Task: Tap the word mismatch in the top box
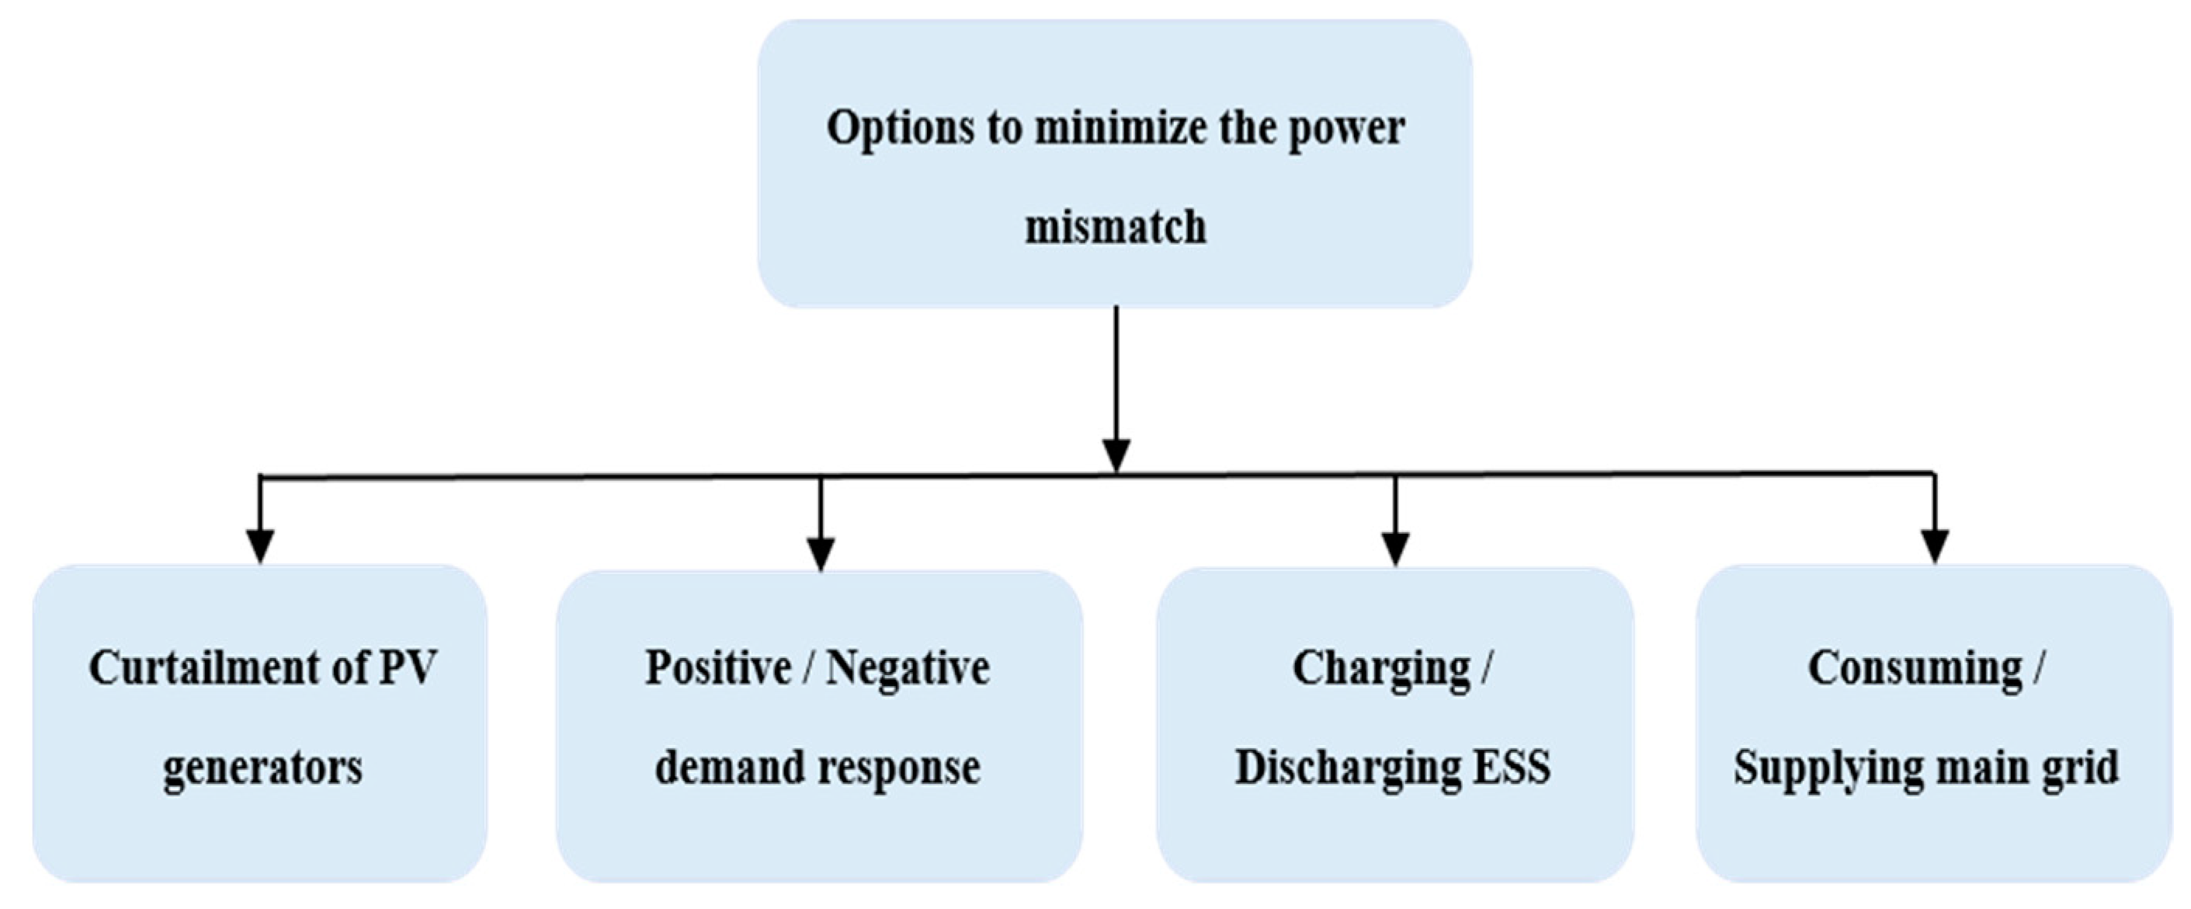pos(1115,227)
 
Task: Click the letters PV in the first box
pos(408,667)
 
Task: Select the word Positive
pos(718,667)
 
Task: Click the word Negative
pos(908,669)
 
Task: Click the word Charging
pos(1381,669)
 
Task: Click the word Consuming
pos(1915,669)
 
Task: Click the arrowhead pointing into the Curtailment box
pos(260,545)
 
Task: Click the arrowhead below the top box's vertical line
pos(1116,454)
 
